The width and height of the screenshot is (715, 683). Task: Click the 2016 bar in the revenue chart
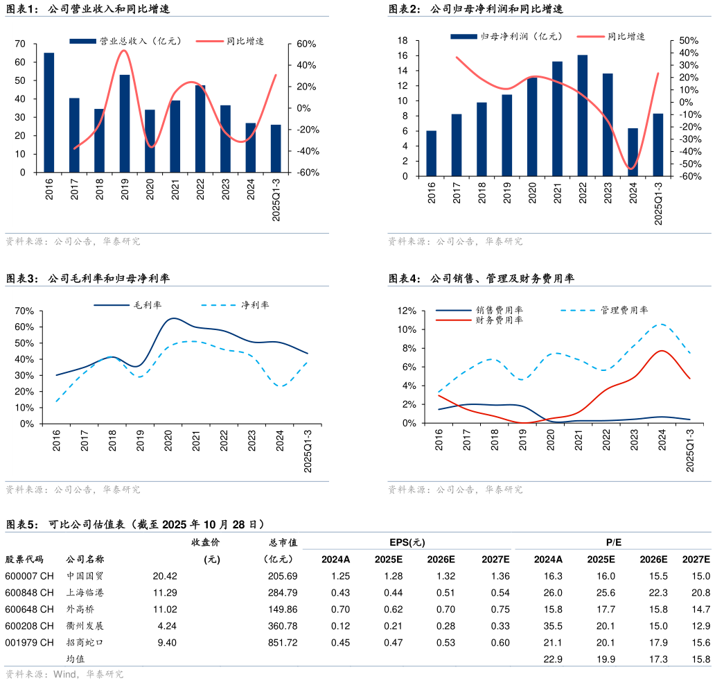(x=49, y=112)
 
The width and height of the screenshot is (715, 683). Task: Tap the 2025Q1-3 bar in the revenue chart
(x=276, y=148)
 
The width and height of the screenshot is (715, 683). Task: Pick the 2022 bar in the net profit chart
(x=583, y=115)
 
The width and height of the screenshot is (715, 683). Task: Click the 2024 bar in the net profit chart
(x=633, y=152)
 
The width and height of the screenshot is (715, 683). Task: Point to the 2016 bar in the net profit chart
(x=432, y=153)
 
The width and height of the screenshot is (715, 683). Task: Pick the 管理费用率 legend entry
(x=624, y=310)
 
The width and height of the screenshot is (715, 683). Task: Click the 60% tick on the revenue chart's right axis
(x=306, y=44)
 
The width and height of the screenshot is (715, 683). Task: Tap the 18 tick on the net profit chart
(x=402, y=40)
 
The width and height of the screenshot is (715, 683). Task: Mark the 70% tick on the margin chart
(x=24, y=311)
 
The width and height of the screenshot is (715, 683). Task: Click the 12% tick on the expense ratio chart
(x=405, y=311)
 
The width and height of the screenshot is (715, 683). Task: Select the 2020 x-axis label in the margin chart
(x=168, y=442)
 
